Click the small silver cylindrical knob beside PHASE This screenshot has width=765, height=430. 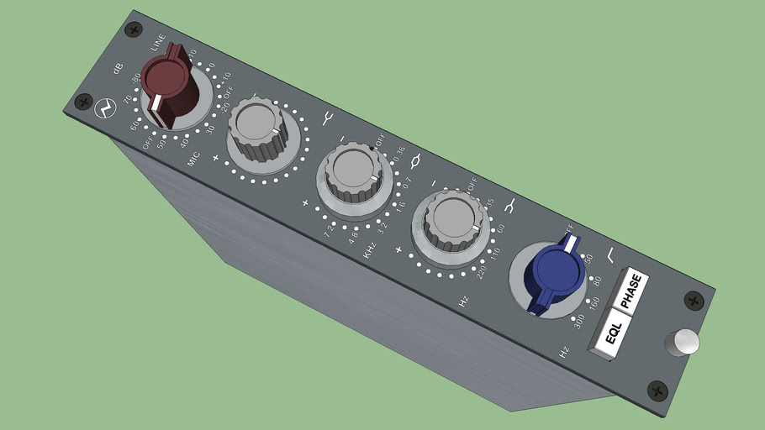[x=682, y=343]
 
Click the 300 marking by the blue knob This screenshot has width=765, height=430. [x=578, y=320]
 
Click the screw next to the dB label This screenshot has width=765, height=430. [x=133, y=30]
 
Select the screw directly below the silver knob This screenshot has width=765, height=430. [x=657, y=390]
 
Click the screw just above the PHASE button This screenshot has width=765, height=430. [x=694, y=299]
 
